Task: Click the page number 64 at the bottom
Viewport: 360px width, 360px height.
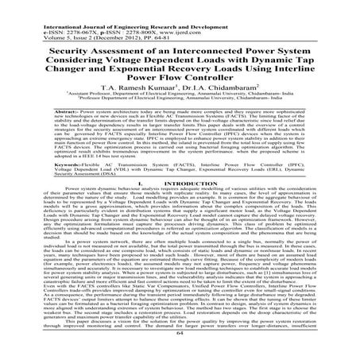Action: pos(180,355)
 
